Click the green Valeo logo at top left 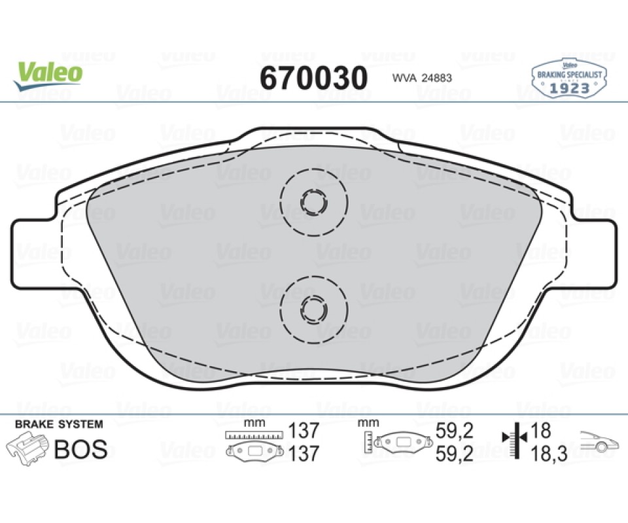(x=48, y=76)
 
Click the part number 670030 (x=313, y=78)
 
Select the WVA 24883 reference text (x=422, y=78)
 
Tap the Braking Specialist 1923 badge (x=568, y=78)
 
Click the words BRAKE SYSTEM (x=59, y=424)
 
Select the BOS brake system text (x=80, y=449)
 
